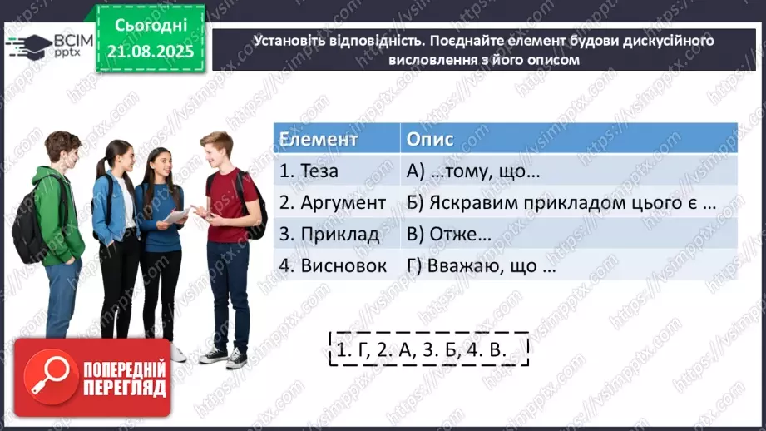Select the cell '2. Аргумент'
click(x=332, y=202)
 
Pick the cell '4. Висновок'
click(x=333, y=266)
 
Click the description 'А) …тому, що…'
click(x=474, y=171)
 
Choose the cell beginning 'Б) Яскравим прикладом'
click(x=561, y=202)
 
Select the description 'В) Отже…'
click(x=449, y=235)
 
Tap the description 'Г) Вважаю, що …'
click(x=481, y=266)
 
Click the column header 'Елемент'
click(x=319, y=138)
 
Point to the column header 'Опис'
click(x=430, y=138)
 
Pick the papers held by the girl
click(x=177, y=215)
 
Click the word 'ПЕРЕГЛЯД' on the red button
click(x=125, y=388)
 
